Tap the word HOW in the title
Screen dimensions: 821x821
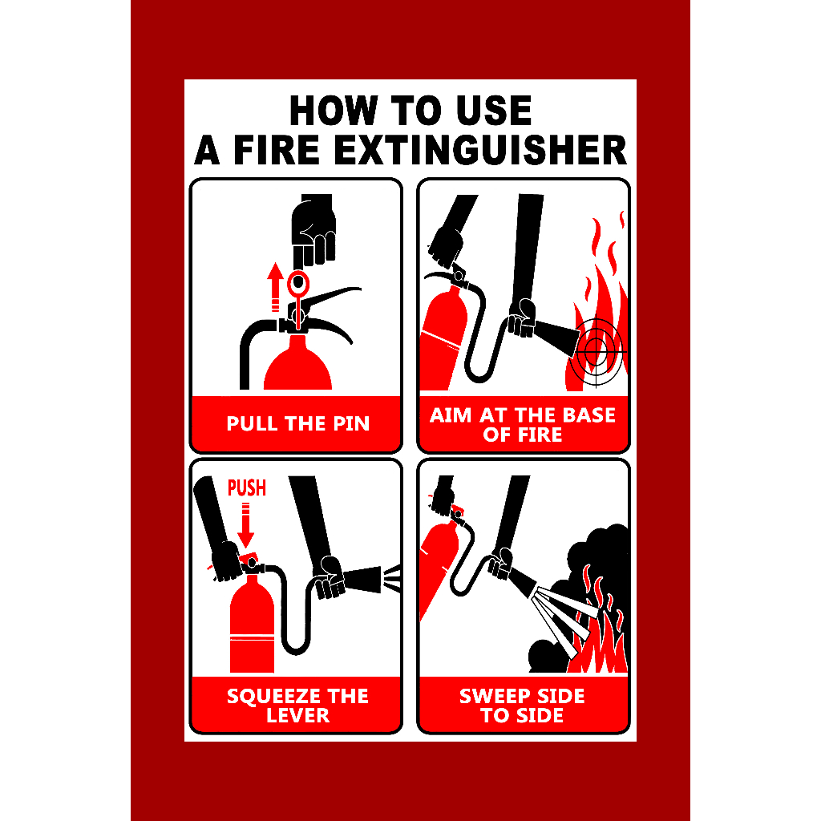click(x=329, y=111)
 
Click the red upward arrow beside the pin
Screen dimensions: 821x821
click(x=276, y=287)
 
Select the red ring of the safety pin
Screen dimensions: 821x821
click(x=298, y=282)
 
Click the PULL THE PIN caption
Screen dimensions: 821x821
click(x=297, y=423)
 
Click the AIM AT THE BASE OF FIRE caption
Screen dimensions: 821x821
click(x=523, y=425)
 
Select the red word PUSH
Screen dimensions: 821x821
click(x=247, y=487)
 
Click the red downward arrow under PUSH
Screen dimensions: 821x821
click(x=246, y=525)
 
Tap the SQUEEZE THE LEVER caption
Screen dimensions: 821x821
click(x=297, y=706)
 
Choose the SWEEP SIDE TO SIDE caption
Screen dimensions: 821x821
click(x=523, y=706)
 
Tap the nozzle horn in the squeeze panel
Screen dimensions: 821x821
click(x=365, y=577)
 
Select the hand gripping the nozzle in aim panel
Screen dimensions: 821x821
click(x=523, y=317)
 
